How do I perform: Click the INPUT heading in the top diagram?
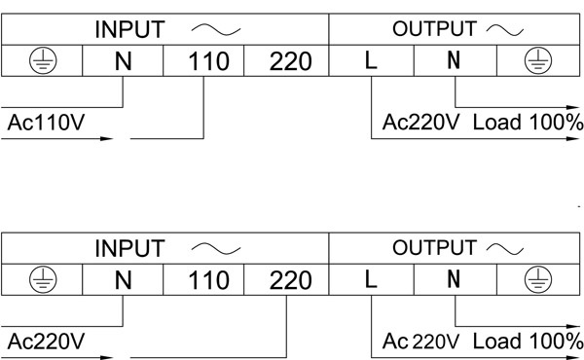129,30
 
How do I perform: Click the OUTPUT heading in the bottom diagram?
434,248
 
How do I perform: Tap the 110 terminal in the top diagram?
208,61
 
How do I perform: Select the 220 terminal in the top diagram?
290,61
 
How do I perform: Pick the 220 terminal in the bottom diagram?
290,280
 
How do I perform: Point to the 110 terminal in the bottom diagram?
208,280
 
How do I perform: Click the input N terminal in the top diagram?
124,61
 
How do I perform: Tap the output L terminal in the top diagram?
371,60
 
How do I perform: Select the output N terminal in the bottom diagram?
454,279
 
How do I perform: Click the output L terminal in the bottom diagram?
371,279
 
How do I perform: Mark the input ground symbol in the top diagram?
43,60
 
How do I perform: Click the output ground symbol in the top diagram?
538,60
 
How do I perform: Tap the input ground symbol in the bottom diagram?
43,279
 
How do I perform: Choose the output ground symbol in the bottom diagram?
538,279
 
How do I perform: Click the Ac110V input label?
46,123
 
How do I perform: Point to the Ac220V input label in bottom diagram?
46,342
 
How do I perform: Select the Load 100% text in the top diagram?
528,123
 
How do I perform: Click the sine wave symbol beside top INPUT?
216,30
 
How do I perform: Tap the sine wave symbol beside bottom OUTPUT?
504,249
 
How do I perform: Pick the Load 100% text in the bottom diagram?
528,341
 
